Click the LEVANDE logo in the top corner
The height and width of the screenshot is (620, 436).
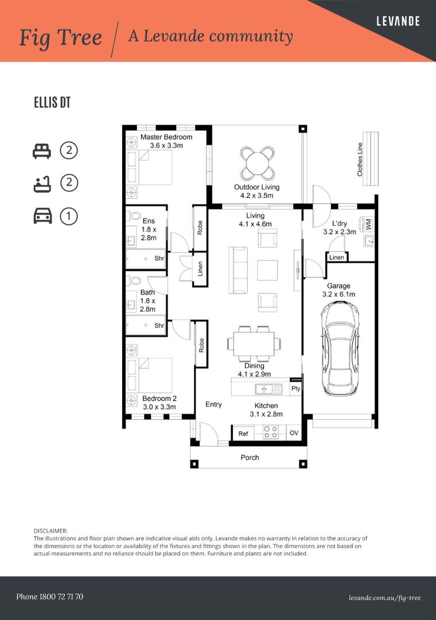(398, 21)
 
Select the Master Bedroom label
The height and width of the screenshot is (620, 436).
(166, 137)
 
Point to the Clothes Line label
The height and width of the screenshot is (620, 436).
(360, 159)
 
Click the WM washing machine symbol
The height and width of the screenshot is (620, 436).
(368, 223)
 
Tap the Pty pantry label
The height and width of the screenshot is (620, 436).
(295, 389)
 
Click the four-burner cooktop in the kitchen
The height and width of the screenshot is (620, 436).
(270, 432)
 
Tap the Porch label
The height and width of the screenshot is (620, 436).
(250, 458)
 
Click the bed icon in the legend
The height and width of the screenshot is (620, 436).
(41, 152)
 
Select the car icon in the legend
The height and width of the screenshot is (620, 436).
(41, 216)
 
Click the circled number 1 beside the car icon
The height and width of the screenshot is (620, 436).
(69, 216)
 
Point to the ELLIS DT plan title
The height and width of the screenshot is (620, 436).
(52, 103)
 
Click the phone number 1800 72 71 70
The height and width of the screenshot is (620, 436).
(49, 597)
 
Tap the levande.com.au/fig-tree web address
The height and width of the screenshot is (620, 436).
(384, 598)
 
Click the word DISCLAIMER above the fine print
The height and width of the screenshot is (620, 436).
(51, 531)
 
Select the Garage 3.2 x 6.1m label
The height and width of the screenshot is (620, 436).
(338, 290)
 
